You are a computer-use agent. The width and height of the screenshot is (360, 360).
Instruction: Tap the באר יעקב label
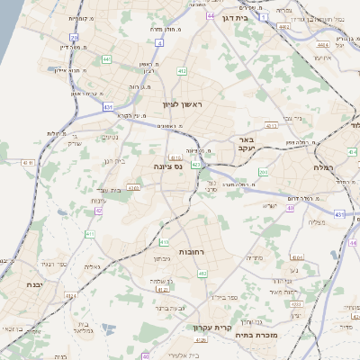(247, 144)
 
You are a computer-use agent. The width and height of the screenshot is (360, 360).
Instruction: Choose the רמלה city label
(326, 167)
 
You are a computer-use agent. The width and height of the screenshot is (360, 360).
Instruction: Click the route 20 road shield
(75, 38)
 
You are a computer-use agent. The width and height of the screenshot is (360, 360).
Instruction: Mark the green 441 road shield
(106, 59)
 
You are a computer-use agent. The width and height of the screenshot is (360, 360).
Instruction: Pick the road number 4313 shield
(271, 126)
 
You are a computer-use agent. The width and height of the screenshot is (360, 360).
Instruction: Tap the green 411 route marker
(90, 234)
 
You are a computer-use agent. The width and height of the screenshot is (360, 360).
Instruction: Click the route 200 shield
(262, 171)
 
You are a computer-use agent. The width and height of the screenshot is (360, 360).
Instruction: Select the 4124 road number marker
(162, 290)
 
